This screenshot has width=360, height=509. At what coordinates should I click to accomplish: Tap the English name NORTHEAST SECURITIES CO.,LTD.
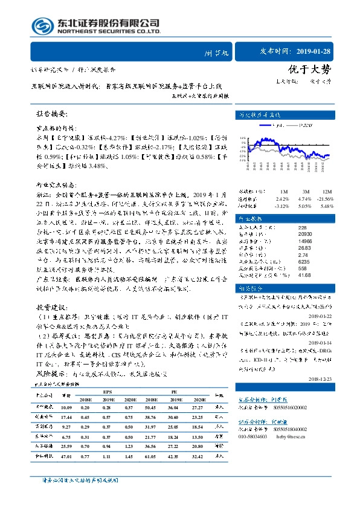point(108,31)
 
